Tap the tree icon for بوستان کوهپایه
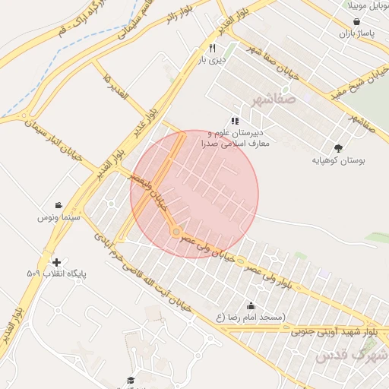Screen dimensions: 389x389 [x=338, y=148]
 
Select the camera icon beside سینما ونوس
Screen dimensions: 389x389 [x=59, y=205]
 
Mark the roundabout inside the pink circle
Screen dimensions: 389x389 [x=176, y=231]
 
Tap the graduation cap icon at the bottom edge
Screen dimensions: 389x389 [x=130, y=379]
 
